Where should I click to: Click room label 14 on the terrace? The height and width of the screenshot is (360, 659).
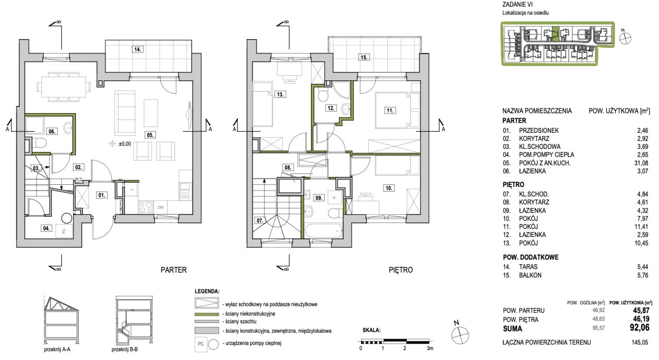tap(137, 49)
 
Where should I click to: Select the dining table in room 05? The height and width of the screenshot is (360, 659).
tap(63, 87)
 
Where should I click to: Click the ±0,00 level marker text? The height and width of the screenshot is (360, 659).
tap(125, 144)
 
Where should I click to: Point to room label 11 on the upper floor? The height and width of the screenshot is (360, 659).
tap(390, 111)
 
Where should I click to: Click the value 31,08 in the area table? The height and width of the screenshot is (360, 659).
tap(641, 163)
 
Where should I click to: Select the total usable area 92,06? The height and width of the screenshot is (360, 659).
tap(639, 328)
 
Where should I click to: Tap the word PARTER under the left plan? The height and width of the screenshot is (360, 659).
tap(174, 270)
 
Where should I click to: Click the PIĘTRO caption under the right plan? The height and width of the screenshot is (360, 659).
tap(401, 270)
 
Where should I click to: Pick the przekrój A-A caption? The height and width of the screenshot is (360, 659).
tap(57, 350)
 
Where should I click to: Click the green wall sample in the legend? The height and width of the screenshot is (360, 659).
tap(206, 314)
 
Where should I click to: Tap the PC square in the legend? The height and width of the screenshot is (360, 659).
tap(201, 344)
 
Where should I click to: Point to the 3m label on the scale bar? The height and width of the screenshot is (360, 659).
tap(430, 349)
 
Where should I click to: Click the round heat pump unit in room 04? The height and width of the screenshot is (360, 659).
tap(66, 219)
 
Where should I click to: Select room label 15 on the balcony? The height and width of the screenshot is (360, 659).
tap(364, 57)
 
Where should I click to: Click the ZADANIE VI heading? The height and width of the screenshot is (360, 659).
tap(517, 5)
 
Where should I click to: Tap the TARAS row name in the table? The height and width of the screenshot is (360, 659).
tap(528, 267)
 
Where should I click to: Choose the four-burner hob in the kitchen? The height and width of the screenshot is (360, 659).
tap(146, 207)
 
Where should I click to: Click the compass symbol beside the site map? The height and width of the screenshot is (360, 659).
tap(625, 38)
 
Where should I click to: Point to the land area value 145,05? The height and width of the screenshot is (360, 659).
tap(640, 342)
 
